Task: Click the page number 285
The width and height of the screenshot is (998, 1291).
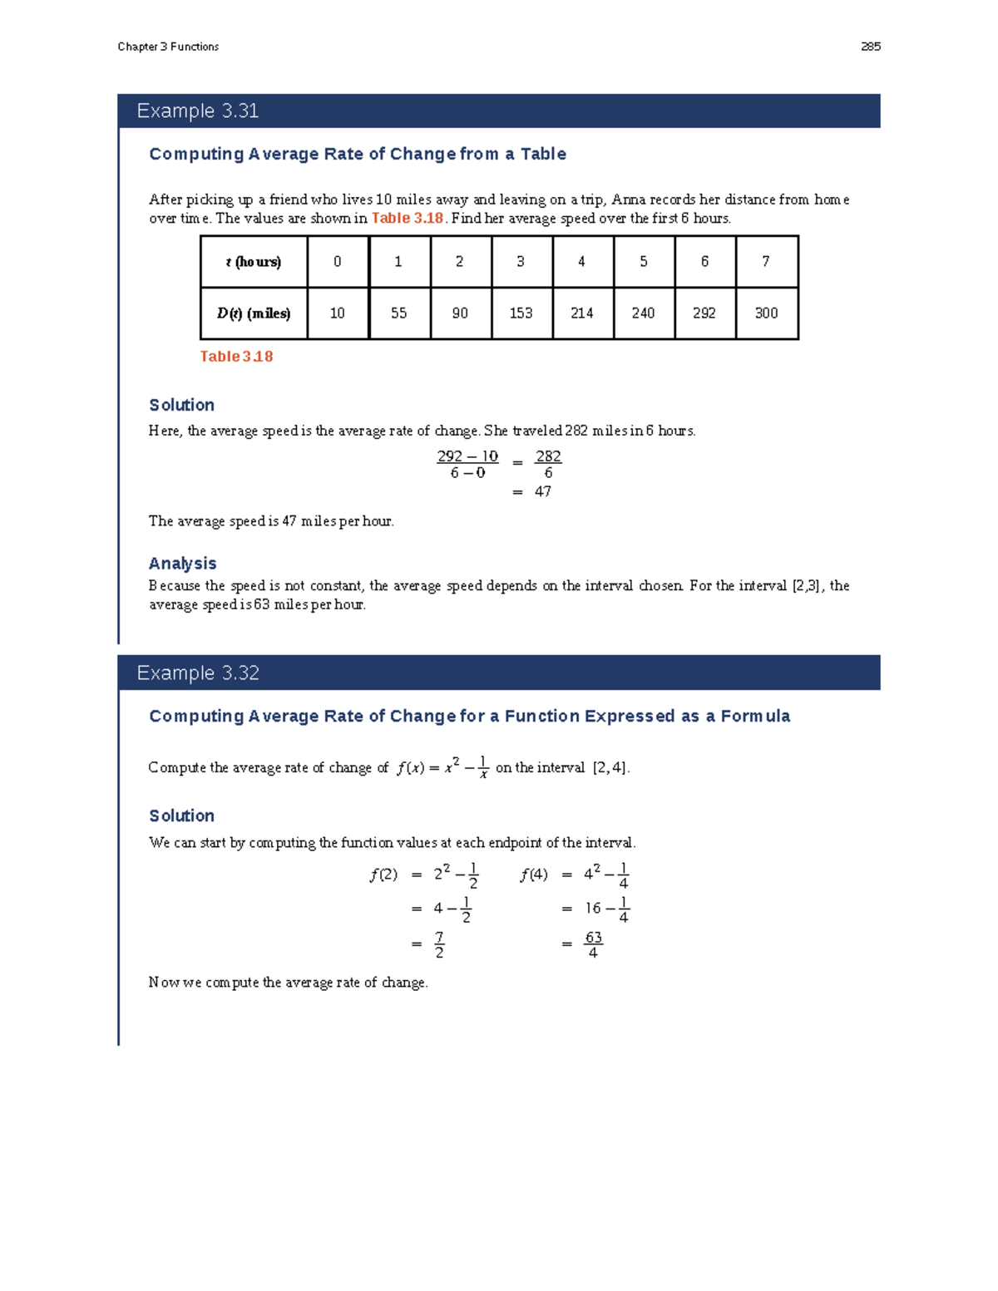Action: click(x=870, y=47)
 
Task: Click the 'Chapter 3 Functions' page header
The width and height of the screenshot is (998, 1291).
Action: click(x=168, y=47)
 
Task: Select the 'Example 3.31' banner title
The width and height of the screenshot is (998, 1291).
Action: click(x=198, y=111)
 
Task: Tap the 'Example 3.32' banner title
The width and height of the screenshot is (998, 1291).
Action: click(x=198, y=673)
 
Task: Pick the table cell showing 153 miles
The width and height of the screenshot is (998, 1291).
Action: click(x=521, y=313)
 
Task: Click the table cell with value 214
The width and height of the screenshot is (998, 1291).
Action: click(x=582, y=313)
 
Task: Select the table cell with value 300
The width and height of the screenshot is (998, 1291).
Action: click(x=766, y=313)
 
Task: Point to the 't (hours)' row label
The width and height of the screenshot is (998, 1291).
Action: click(x=254, y=262)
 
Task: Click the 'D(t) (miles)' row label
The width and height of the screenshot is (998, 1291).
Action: click(x=254, y=313)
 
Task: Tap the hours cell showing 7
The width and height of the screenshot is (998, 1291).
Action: click(x=766, y=262)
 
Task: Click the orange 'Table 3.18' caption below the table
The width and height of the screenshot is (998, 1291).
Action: click(x=236, y=357)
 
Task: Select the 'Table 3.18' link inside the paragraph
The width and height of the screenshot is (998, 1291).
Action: click(x=407, y=219)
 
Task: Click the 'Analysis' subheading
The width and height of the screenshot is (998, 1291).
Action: click(x=182, y=564)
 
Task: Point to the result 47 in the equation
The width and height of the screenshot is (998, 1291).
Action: click(x=543, y=492)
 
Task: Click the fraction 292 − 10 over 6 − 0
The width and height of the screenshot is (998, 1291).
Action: click(x=467, y=465)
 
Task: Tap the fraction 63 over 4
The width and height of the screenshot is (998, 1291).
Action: click(x=593, y=945)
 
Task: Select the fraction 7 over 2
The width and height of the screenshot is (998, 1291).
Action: click(x=439, y=945)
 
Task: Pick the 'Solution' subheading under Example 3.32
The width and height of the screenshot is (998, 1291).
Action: click(x=181, y=816)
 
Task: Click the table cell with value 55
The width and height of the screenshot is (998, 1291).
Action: click(x=399, y=313)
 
